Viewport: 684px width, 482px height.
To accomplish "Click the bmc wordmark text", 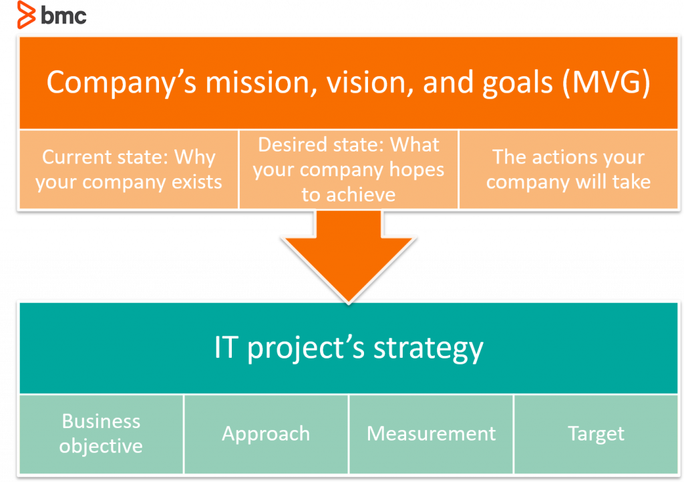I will click(x=64, y=15).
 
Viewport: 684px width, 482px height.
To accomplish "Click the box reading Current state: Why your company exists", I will click(x=129, y=170).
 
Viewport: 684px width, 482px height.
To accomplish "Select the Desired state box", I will click(x=348, y=170).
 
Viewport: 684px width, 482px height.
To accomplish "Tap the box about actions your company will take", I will click(x=568, y=170).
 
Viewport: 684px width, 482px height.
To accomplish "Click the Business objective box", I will click(x=101, y=434).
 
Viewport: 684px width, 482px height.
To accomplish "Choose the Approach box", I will click(x=266, y=434).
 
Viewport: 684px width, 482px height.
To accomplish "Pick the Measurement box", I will click(x=431, y=434).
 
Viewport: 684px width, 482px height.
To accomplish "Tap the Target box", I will click(x=596, y=434).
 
